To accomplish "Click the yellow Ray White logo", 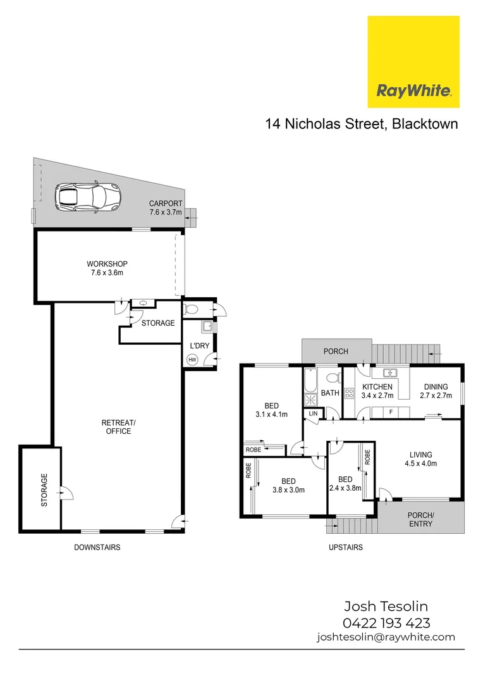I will (x=413, y=62).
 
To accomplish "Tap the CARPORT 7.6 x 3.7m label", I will (x=166, y=208).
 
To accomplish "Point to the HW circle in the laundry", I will (x=192, y=360).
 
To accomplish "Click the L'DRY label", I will (x=199, y=346).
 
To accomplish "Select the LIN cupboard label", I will (x=313, y=414).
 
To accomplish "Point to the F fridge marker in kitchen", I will (x=391, y=412).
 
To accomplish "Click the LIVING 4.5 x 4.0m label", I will (x=420, y=459).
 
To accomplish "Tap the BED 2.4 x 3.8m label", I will (x=345, y=484).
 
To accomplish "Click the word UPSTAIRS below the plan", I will (x=345, y=547).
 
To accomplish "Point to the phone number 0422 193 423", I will (x=386, y=622).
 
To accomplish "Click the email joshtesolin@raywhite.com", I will (x=386, y=637).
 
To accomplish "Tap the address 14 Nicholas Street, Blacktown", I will (x=361, y=124).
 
